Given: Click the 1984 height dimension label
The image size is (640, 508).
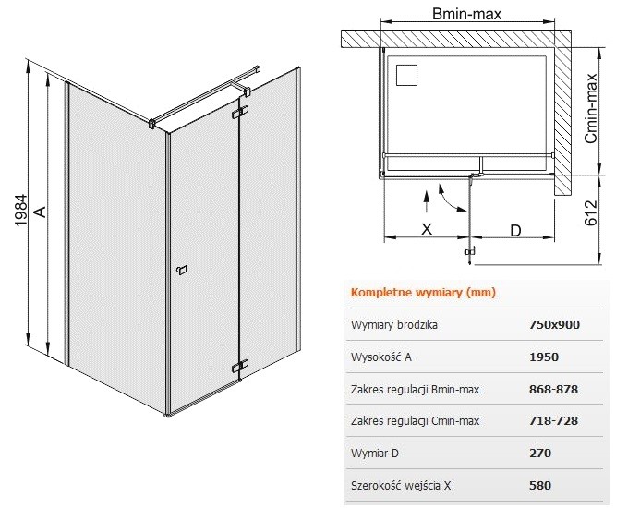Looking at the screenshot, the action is (x=20, y=211).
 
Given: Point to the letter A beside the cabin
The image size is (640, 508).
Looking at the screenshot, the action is (x=40, y=212).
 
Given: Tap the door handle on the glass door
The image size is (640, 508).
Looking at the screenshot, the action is (x=181, y=270).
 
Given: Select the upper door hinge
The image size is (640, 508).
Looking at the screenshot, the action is (x=240, y=113).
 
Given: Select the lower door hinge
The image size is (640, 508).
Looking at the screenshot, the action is (x=240, y=366).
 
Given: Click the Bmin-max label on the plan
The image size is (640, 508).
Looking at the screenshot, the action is (x=466, y=15).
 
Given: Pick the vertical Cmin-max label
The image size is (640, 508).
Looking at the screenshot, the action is (x=591, y=109).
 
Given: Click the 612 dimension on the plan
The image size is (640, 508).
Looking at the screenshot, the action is (x=591, y=212).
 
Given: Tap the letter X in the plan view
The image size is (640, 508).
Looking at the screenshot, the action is (x=426, y=229).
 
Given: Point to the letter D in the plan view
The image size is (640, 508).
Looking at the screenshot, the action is (x=515, y=231).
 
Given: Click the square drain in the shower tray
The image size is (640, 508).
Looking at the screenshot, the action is (x=406, y=75).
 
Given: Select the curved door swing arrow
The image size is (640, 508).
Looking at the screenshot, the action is (x=451, y=200).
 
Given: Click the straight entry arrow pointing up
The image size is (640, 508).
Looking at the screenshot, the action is (x=427, y=201).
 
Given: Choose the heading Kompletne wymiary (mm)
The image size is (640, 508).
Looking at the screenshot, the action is (x=423, y=293).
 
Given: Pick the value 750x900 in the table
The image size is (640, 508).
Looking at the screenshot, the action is (x=554, y=324).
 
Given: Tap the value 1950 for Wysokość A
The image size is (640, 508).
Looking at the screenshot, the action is (x=544, y=357).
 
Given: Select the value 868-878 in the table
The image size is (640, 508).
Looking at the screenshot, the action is (x=553, y=389).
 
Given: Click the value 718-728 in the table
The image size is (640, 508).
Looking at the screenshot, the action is (x=553, y=420).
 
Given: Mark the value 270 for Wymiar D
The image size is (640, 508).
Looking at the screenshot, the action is (x=540, y=453).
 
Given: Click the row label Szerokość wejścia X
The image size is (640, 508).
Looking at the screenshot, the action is (x=401, y=486).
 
